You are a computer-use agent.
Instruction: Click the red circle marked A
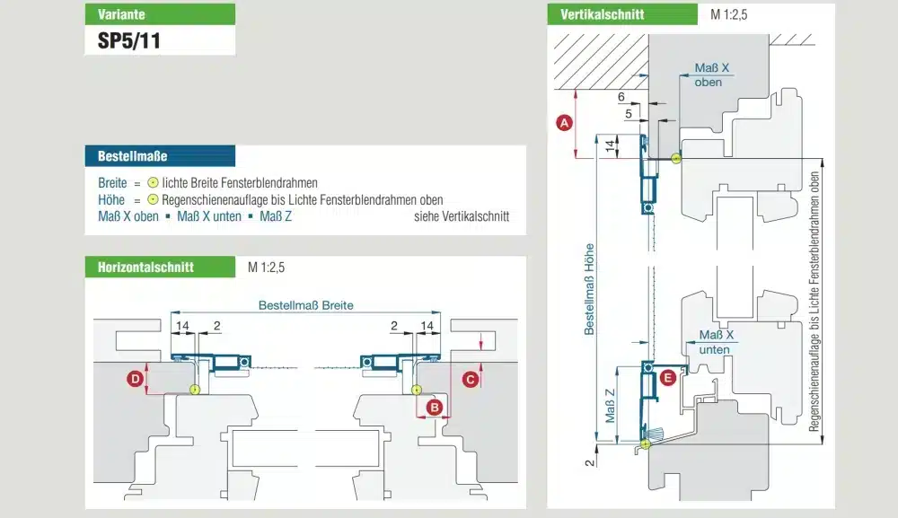[564, 122]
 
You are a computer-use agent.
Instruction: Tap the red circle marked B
[434, 408]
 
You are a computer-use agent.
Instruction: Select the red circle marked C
[471, 379]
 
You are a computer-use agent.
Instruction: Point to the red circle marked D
[136, 378]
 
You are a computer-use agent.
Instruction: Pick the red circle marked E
[668, 378]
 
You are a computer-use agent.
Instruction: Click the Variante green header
[160, 14]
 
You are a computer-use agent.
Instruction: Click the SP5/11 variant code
[128, 40]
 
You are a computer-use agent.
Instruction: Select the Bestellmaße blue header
[160, 155]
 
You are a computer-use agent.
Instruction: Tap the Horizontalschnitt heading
[160, 267]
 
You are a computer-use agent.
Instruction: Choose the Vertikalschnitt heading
[622, 14]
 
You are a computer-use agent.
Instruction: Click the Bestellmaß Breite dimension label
[306, 305]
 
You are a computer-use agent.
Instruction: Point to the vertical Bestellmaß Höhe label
[589, 289]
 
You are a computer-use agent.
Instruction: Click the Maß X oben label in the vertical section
[711, 75]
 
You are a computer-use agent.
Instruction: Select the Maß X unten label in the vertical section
[716, 342]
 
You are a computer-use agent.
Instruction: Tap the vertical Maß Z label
[610, 406]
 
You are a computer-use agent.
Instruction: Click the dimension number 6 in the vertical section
[621, 97]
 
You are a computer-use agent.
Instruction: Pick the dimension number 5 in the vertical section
[629, 114]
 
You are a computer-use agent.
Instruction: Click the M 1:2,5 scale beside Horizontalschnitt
[267, 268]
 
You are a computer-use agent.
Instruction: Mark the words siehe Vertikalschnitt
[462, 216]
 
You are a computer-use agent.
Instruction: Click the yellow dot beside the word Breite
[153, 182]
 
